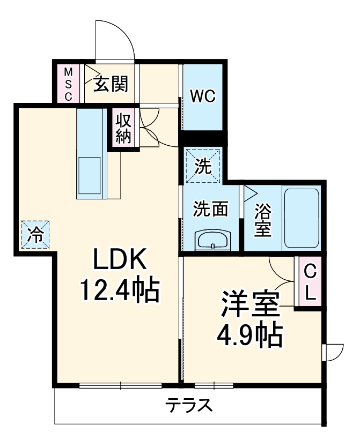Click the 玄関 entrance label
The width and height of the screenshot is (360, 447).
click(x=111, y=84)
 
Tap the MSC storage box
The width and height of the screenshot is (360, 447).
click(x=68, y=84)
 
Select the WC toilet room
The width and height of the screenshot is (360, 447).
click(x=203, y=97)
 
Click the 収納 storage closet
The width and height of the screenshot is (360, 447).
click(x=123, y=128)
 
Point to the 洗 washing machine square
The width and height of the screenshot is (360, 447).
click(x=203, y=165)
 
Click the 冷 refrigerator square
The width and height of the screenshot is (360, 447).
click(x=35, y=235)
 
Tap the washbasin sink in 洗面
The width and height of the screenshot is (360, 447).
click(x=212, y=240)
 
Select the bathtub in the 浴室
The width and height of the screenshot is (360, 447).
click(x=302, y=218)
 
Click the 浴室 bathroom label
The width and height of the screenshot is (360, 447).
click(x=263, y=220)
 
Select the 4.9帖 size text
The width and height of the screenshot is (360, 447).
click(x=250, y=334)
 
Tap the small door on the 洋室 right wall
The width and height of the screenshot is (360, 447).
click(x=333, y=353)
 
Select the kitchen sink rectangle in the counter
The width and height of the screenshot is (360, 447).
click(x=89, y=175)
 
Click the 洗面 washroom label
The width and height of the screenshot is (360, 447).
click(x=210, y=208)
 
